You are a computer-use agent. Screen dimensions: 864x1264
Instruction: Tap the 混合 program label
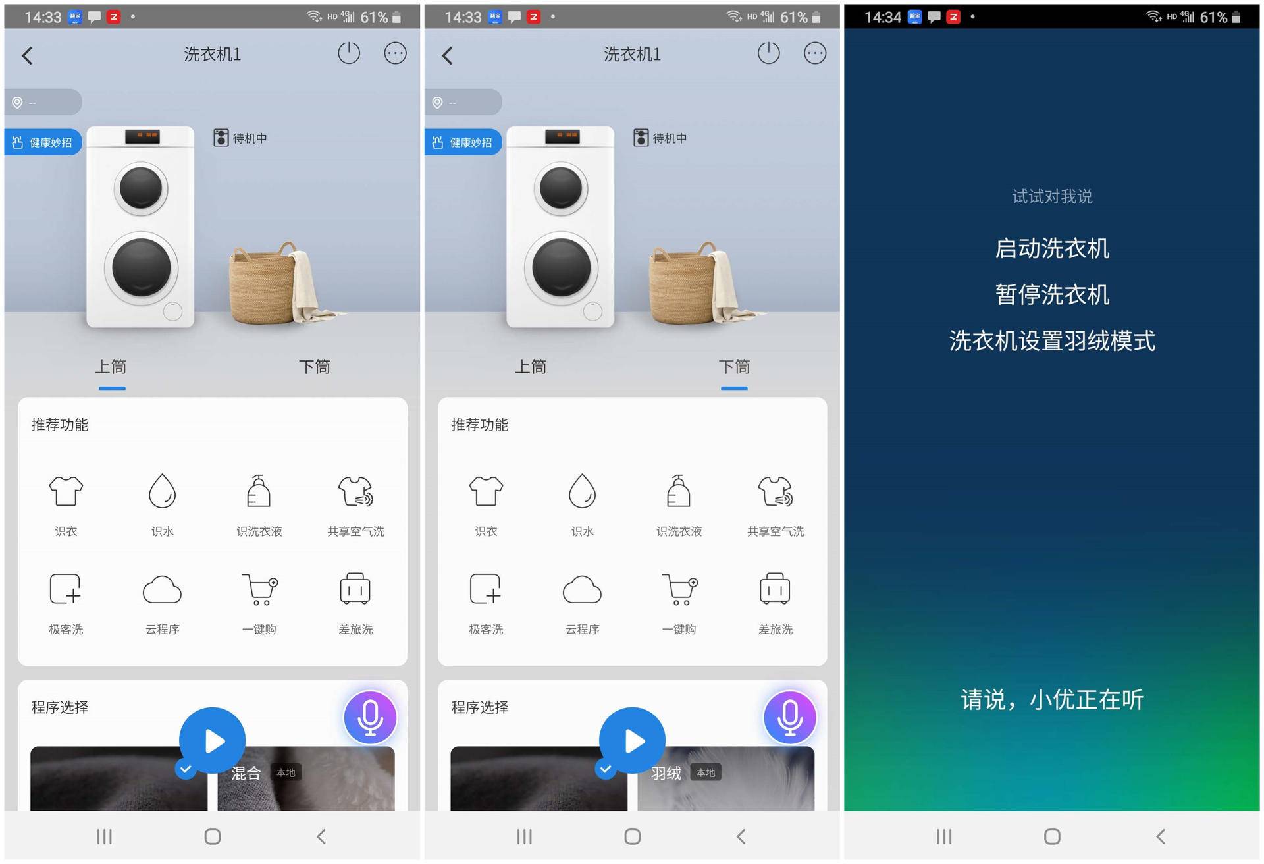[x=246, y=773]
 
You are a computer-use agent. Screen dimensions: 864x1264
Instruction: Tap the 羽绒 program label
[x=666, y=773]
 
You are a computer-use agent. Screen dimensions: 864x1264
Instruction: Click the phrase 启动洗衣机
[x=1051, y=249]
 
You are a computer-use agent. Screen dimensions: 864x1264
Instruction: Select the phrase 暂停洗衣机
[x=1051, y=295]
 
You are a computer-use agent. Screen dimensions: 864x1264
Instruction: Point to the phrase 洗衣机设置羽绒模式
[x=1051, y=341]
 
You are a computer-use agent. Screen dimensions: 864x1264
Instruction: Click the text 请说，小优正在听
[x=1051, y=699]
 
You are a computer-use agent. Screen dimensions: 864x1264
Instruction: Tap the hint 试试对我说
[x=1051, y=196]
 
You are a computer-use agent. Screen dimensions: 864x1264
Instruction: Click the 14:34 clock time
[x=882, y=17]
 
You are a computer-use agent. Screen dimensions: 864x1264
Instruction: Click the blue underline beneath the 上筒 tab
[x=112, y=389]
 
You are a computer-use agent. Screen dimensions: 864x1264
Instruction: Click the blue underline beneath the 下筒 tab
[x=733, y=389]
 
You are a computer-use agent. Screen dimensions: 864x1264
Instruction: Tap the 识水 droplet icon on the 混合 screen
[x=162, y=491]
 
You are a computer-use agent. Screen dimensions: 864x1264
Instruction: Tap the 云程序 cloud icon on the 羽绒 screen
[x=582, y=589]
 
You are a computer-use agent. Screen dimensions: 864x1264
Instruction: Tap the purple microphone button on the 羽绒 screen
[x=789, y=717]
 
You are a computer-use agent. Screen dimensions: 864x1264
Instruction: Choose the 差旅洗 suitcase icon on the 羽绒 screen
[x=775, y=589]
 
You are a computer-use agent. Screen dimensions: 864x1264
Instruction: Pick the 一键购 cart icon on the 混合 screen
[x=259, y=589]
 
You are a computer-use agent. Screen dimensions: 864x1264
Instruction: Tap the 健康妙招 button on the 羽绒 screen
[x=463, y=142]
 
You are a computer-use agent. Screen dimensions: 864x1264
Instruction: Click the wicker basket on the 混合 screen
[x=263, y=286]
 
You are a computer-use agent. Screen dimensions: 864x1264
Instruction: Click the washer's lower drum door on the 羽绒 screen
[x=561, y=268]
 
